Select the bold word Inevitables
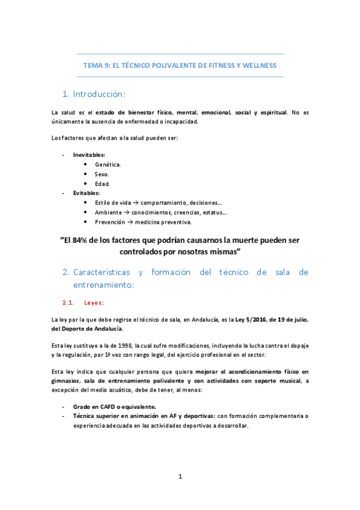click(x=89, y=155)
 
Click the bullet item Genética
click(x=108, y=164)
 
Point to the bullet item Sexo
click(x=102, y=174)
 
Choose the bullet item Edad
click(x=102, y=183)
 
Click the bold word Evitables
click(x=86, y=193)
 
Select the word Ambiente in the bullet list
click(x=108, y=212)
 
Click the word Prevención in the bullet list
click(x=111, y=222)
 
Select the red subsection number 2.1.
click(x=68, y=303)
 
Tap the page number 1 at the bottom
click(x=180, y=477)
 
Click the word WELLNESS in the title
click(x=258, y=65)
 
